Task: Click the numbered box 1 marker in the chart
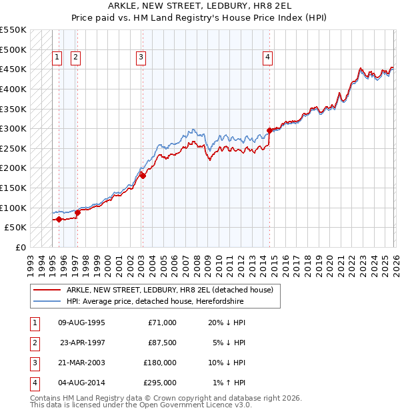[x=57, y=58]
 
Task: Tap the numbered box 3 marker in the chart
[x=141, y=58]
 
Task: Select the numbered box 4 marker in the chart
[x=267, y=58]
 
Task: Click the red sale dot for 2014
[x=269, y=130]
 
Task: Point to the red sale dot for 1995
[x=59, y=219]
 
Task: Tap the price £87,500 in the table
[x=162, y=343]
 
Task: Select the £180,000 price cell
[x=161, y=364]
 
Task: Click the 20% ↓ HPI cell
[x=227, y=323]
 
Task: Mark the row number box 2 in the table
[x=34, y=343]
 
